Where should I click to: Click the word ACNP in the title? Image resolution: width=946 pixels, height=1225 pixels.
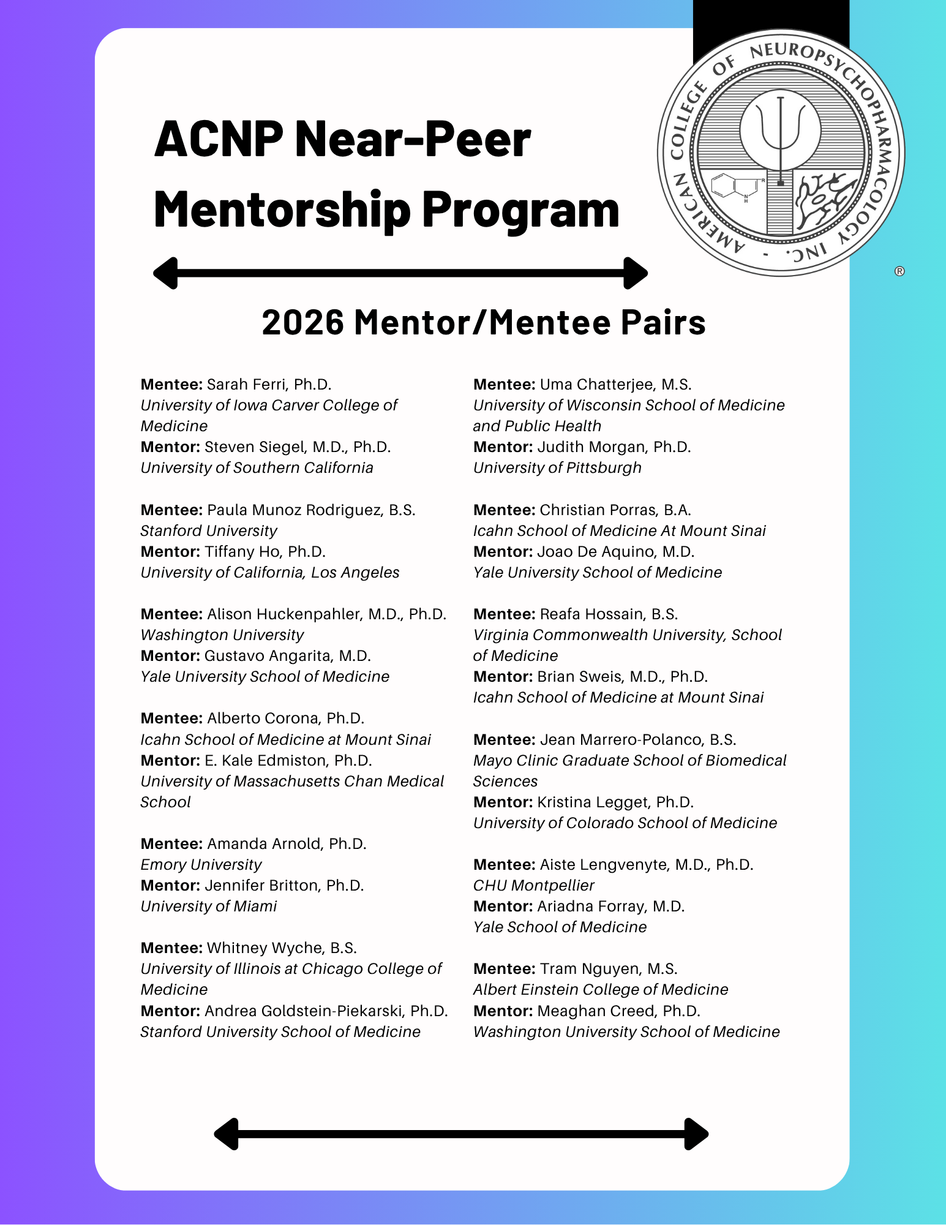coord(219,140)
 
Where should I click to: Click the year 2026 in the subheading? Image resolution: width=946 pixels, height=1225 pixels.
coord(302,323)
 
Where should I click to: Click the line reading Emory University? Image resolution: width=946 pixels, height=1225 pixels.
coord(201,865)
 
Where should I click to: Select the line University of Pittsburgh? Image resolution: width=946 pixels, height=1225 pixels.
coord(557,468)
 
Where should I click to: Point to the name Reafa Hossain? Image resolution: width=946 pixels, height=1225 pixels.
coord(591,614)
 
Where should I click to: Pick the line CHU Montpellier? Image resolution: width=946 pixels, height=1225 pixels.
coord(533,886)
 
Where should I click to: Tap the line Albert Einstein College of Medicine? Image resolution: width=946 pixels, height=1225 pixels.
coord(601,990)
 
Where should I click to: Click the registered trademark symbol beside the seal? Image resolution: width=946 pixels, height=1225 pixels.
coord(899,271)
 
